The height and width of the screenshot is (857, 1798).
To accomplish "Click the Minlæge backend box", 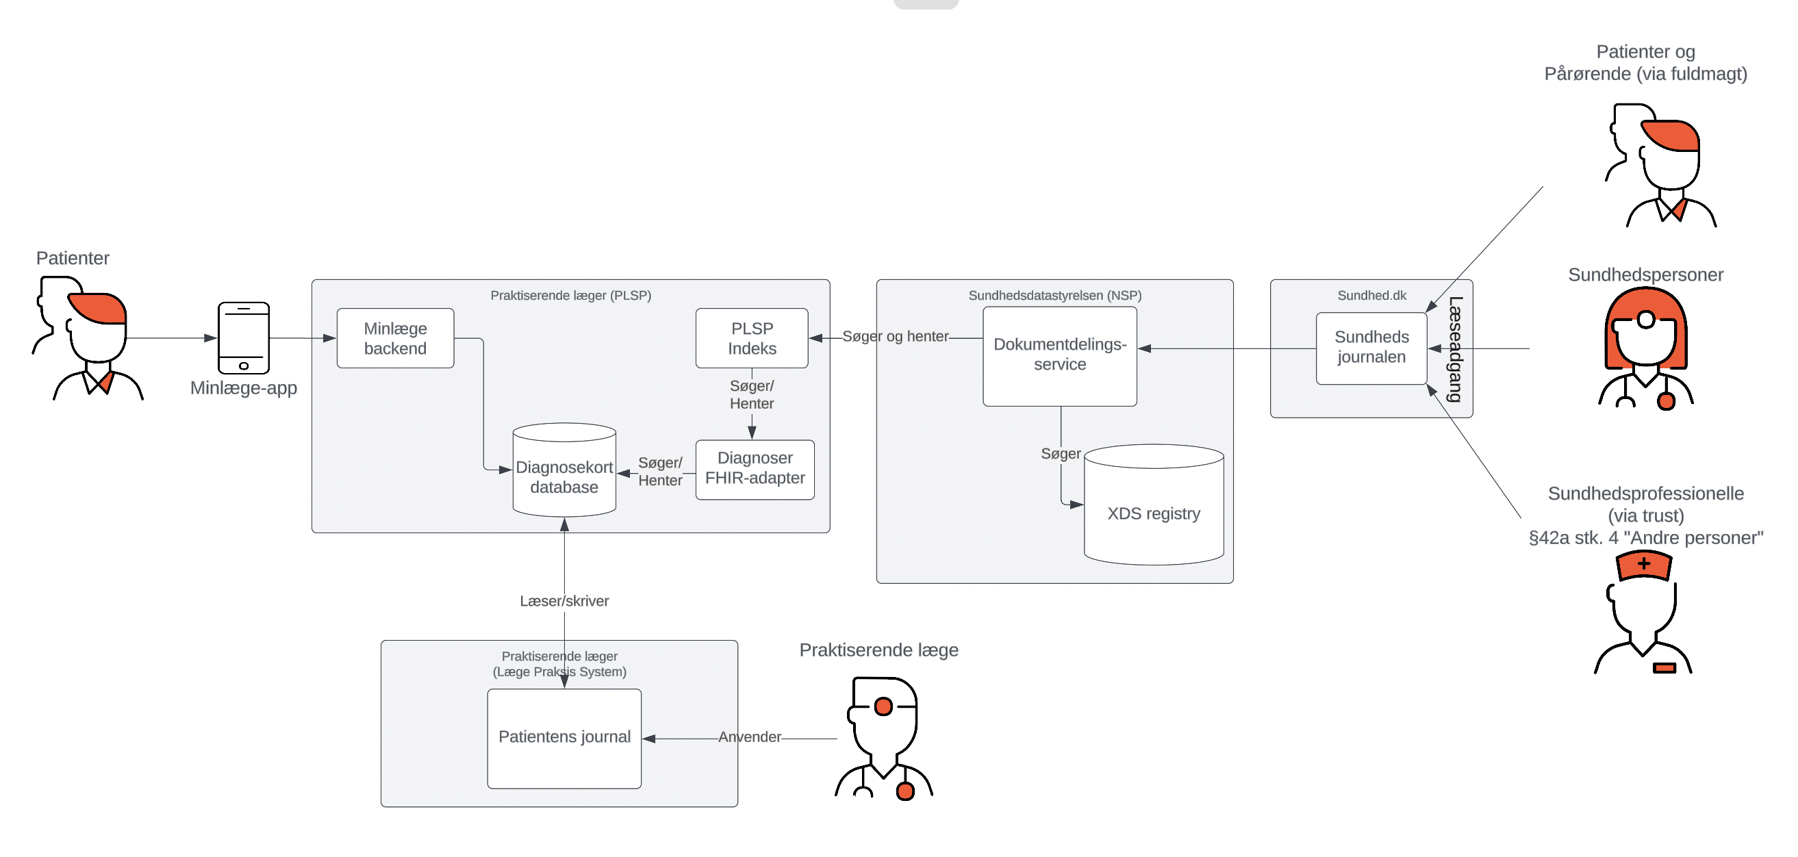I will (395, 338).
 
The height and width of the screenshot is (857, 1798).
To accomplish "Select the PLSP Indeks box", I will (752, 338).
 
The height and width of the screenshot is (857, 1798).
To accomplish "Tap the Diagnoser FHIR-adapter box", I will (755, 469).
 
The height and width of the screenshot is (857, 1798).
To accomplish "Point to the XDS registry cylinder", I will (1153, 513).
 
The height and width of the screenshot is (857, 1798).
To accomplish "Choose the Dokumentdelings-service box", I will (1059, 355).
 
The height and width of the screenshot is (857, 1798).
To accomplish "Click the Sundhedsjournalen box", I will (1371, 348).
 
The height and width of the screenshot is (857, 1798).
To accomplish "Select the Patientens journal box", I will (564, 737).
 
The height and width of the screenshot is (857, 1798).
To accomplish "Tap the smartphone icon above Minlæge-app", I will (244, 337).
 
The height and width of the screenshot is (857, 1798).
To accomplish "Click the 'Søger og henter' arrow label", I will (895, 336).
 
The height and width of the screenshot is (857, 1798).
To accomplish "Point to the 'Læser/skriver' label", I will (564, 601).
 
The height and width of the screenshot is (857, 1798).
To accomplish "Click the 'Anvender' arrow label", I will (750, 737).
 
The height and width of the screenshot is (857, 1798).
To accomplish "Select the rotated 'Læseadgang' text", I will (1454, 349).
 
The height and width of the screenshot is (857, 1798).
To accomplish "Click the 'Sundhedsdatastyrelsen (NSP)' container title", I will (1054, 295).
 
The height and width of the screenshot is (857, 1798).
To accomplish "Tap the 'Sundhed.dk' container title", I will (1371, 295).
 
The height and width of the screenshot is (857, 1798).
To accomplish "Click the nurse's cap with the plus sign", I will (1644, 565).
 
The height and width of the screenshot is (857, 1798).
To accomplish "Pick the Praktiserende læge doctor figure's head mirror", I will (884, 706).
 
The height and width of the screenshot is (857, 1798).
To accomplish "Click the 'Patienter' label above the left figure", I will (73, 258).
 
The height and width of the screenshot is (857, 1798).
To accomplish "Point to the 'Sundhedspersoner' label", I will (1645, 275).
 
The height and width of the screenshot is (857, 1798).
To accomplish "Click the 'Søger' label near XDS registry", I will (1060, 454).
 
